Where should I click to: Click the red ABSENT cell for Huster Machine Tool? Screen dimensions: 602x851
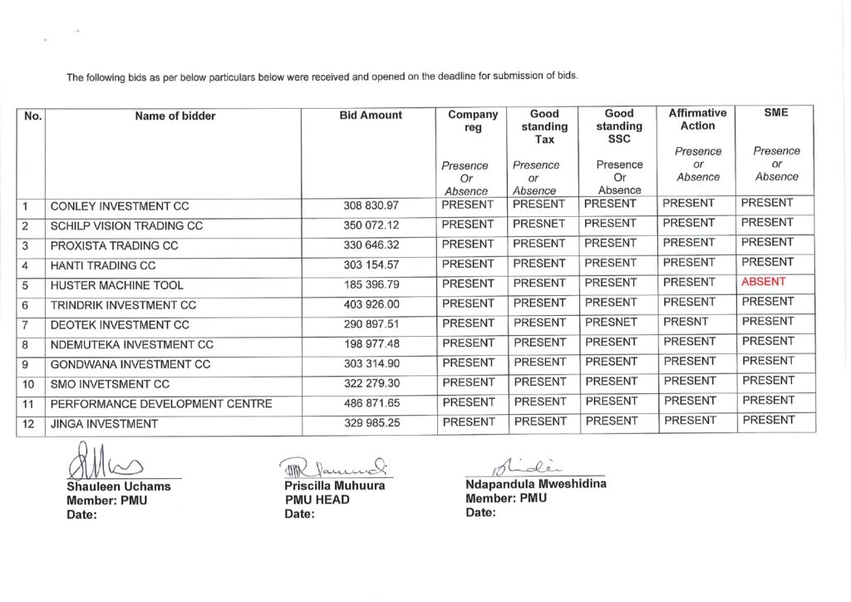pyautogui.click(x=763, y=282)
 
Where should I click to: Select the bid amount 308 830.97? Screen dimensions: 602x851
pyautogui.click(x=371, y=205)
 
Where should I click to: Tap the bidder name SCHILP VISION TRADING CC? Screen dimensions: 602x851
pyautogui.click(x=126, y=226)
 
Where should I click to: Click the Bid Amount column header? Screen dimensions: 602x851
pyautogui.click(x=371, y=116)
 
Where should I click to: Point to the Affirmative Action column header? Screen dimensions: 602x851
pyautogui.click(x=697, y=119)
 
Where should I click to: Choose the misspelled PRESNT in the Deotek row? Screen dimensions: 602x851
pyautogui.click(x=686, y=322)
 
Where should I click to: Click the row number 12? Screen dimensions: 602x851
pyautogui.click(x=28, y=424)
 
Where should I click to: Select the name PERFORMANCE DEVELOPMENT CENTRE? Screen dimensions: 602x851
pyautogui.click(x=161, y=404)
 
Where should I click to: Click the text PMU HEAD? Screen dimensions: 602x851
pyautogui.click(x=317, y=500)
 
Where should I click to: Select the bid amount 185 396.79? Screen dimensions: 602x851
pyautogui.click(x=371, y=285)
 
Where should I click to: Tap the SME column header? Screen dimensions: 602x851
pyautogui.click(x=776, y=112)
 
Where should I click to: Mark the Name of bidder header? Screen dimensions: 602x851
pyautogui.click(x=175, y=116)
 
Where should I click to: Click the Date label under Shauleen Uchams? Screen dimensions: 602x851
pyautogui.click(x=81, y=514)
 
